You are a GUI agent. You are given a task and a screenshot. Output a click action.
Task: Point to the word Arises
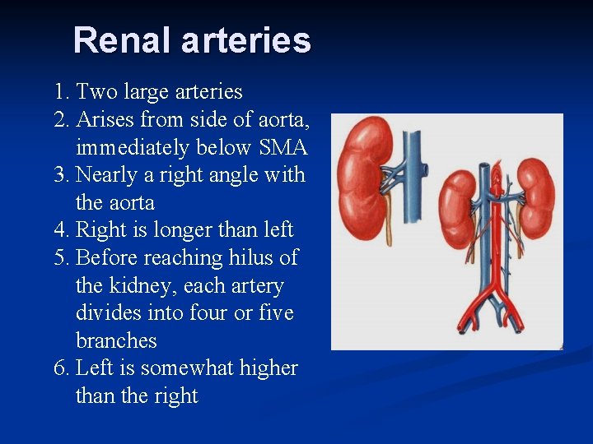pyautogui.click(x=105, y=120)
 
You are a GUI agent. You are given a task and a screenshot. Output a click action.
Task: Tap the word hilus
pyautogui.click(x=250, y=258)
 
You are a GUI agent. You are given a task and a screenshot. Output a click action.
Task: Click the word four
pyautogui.click(x=216, y=313)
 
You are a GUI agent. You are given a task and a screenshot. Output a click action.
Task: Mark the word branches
pyautogui.click(x=116, y=341)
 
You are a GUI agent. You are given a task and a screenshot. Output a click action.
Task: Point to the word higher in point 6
pyautogui.click(x=269, y=368)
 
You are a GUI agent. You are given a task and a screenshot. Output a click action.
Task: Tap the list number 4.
pyautogui.click(x=59, y=230)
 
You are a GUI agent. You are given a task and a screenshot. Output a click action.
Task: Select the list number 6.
pyautogui.click(x=59, y=368)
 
